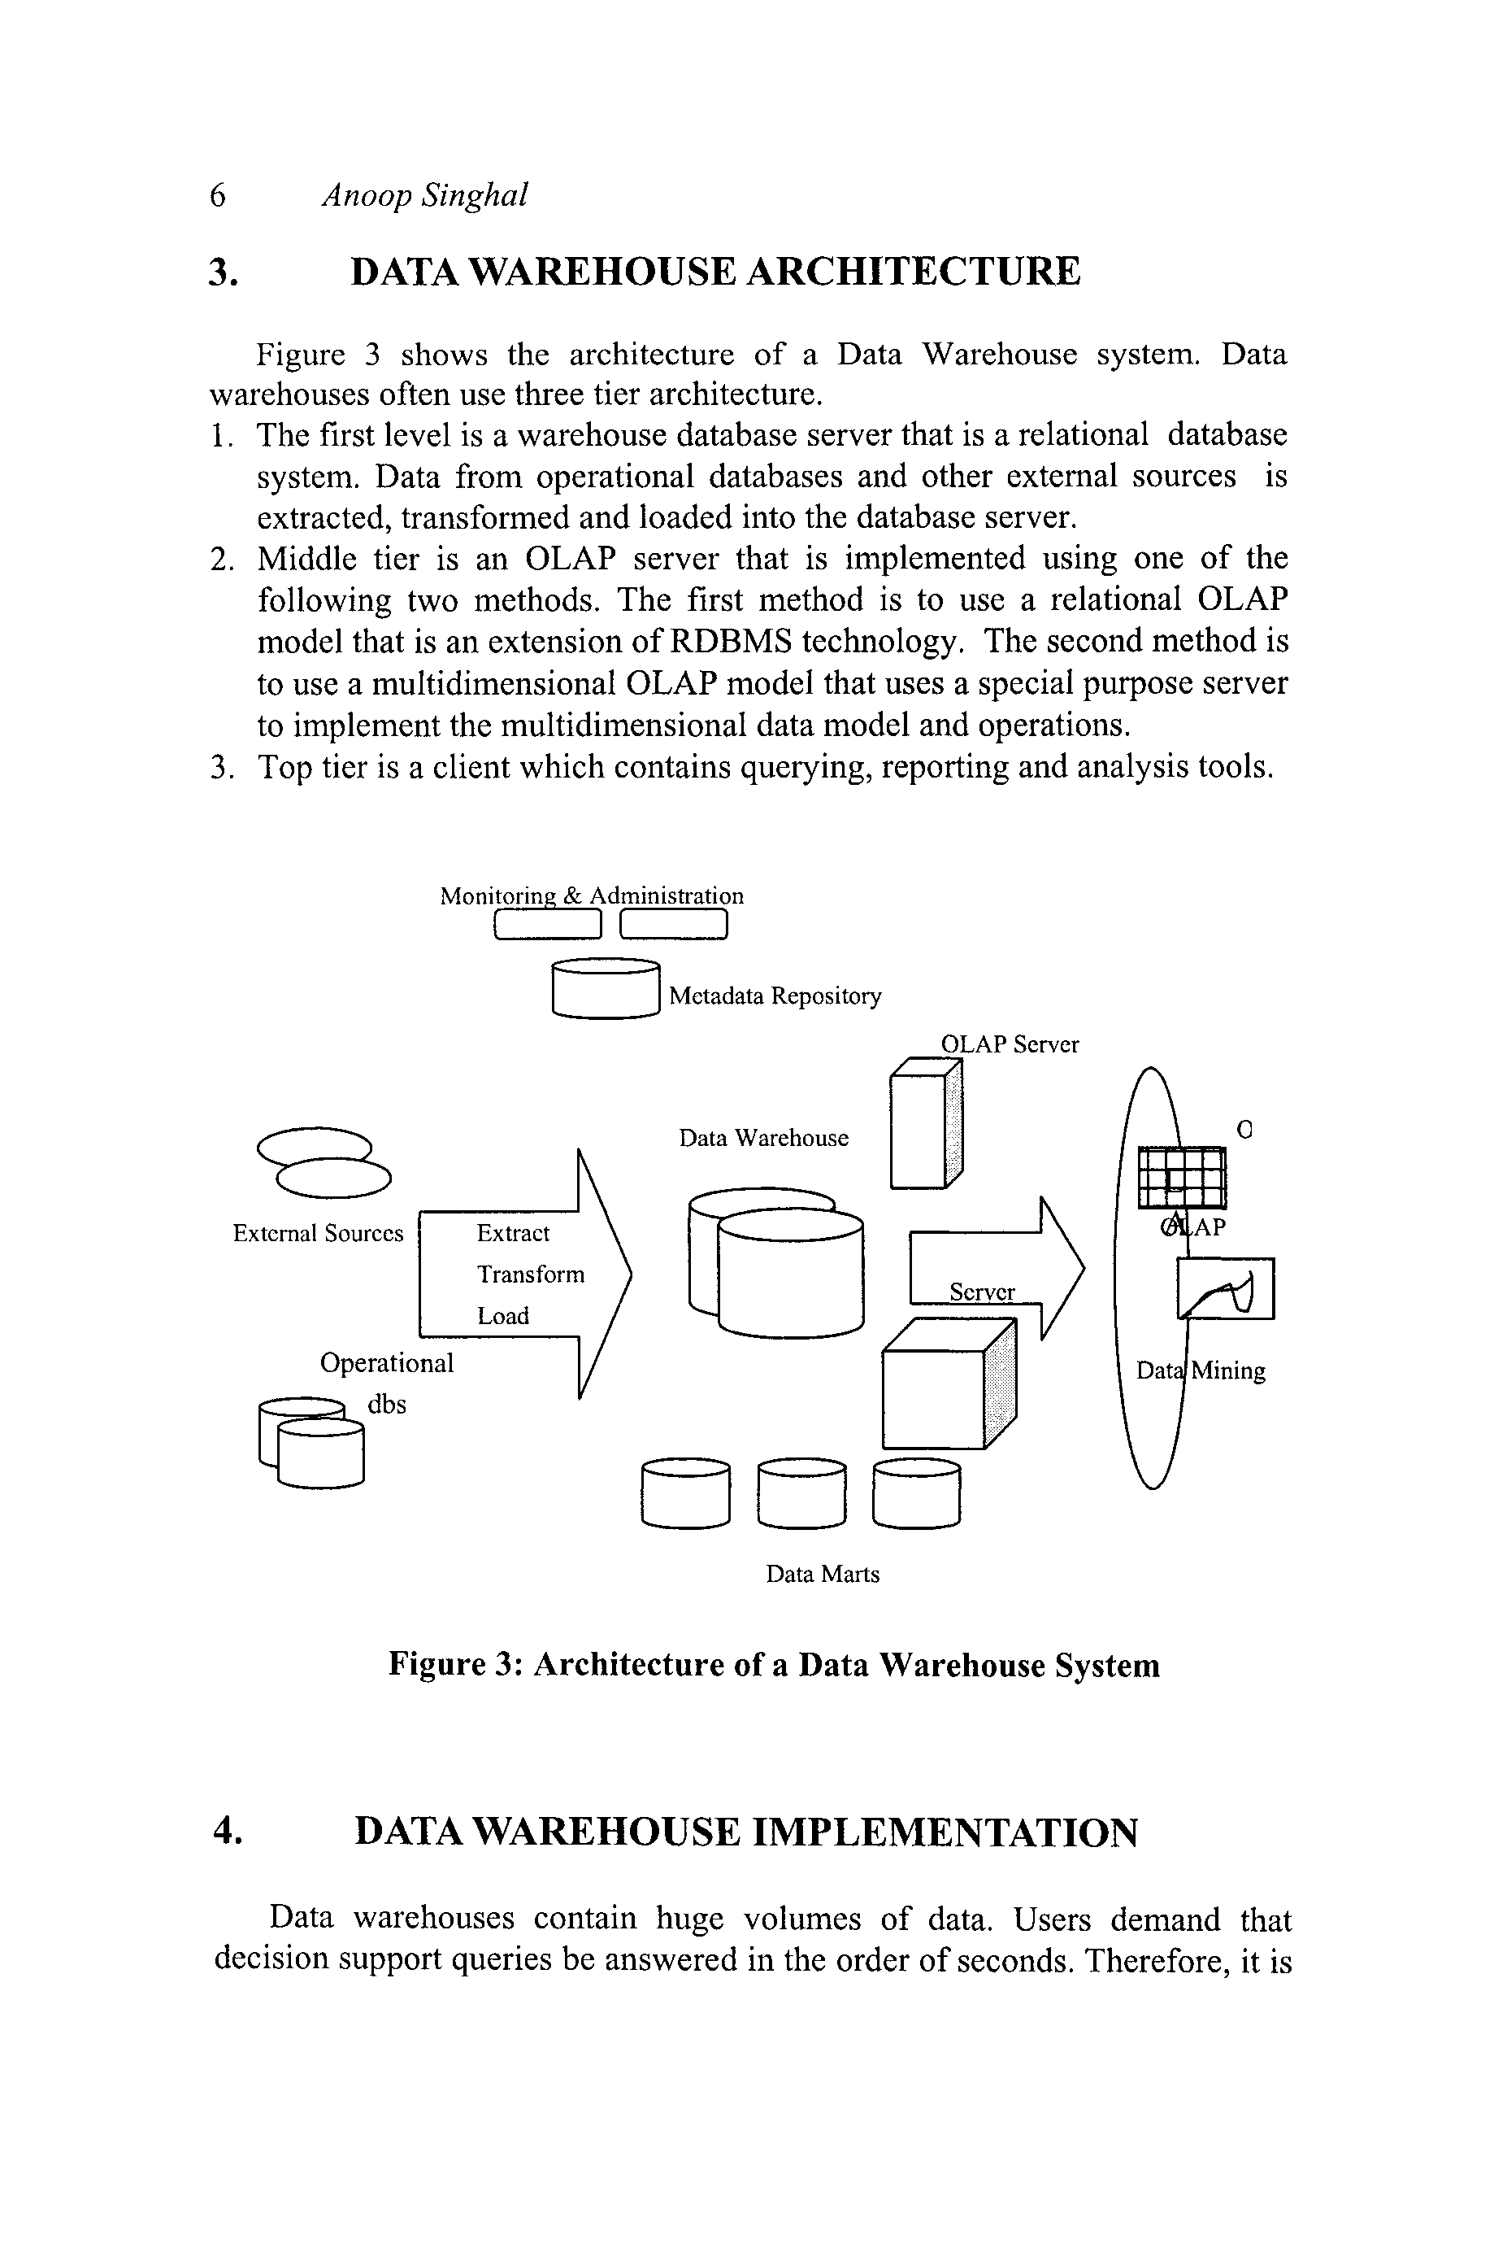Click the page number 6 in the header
[218, 195]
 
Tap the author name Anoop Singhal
[424, 195]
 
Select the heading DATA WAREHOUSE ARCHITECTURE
[715, 272]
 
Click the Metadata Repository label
[775, 996]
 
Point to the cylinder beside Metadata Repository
[606, 989]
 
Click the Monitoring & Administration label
[592, 896]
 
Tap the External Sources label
[319, 1233]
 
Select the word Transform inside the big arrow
[531, 1274]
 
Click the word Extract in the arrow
[513, 1233]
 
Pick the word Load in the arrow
[503, 1316]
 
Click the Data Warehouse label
[763, 1138]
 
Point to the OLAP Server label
[1010, 1044]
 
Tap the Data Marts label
[823, 1574]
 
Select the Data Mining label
[1201, 1370]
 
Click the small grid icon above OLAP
[1183, 1178]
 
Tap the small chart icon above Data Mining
[1225, 1288]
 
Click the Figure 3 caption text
[774, 1665]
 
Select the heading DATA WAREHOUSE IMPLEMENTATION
[746, 1832]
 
